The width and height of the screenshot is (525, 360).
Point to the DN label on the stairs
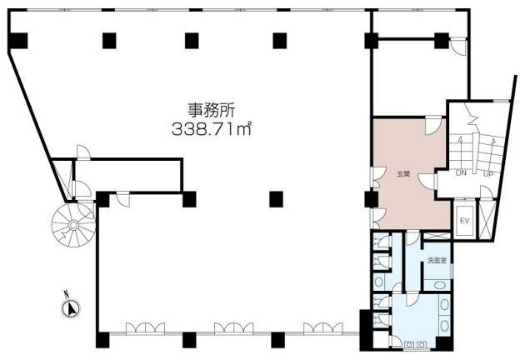(x=461, y=172)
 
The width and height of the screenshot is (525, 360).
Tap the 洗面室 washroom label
(x=437, y=261)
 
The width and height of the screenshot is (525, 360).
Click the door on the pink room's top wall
(x=432, y=126)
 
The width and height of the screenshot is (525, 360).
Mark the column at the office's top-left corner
(x=17, y=39)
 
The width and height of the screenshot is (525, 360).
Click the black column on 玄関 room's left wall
(x=370, y=199)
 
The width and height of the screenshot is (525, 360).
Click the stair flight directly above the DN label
(x=461, y=150)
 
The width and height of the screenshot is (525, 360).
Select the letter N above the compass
(x=65, y=293)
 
